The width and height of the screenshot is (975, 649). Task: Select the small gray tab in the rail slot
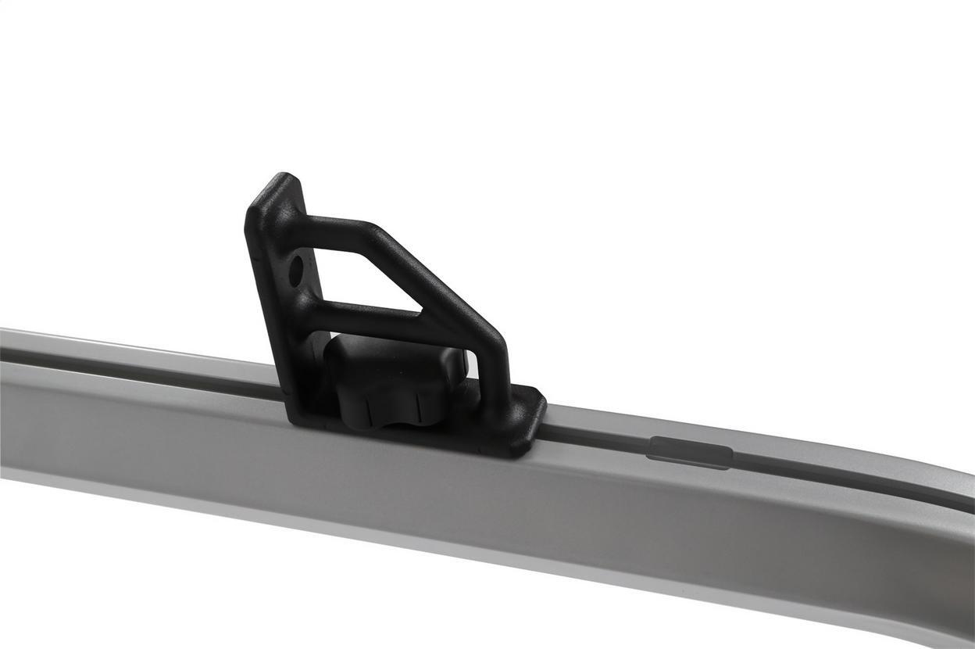pyautogui.click(x=689, y=452)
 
